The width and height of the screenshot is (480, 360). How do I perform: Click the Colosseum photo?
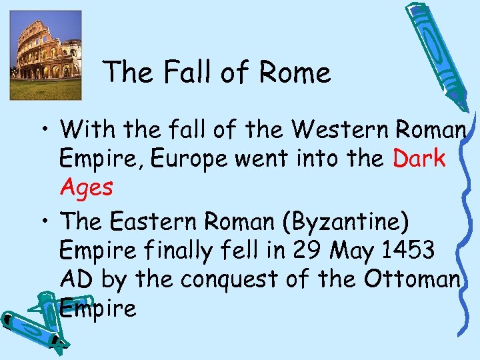pos(45,55)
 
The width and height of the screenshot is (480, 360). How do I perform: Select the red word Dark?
pos(419,159)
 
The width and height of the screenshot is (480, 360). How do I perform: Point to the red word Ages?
pos(86,187)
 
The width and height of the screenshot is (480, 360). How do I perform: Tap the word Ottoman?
pos(412,279)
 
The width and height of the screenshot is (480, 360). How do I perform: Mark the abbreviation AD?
pos(75,279)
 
